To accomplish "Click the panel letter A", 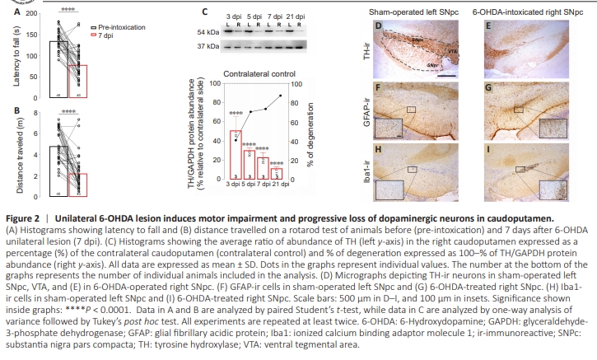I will pyautogui.click(x=7, y=13).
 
